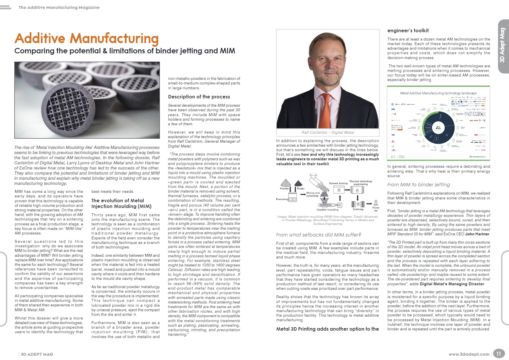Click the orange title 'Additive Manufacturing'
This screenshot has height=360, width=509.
click(x=86, y=39)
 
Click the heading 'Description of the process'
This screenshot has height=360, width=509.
click(x=199, y=97)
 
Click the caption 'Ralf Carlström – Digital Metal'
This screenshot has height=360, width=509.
click(x=328, y=133)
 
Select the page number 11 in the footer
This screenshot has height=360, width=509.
click(x=498, y=354)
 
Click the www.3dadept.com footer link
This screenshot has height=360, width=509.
click(x=469, y=354)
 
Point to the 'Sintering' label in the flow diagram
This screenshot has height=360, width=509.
click(x=358, y=209)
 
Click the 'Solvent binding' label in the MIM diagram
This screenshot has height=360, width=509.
click(x=338, y=183)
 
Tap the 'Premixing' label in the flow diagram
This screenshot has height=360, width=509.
click(x=282, y=199)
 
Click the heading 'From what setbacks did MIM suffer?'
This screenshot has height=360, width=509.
click(x=319, y=235)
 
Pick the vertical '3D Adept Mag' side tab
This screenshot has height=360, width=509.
click(x=502, y=45)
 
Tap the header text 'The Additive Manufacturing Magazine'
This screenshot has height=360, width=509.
click(x=59, y=7)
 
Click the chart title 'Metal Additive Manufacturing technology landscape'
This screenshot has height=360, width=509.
click(x=438, y=93)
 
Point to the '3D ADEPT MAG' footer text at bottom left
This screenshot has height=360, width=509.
click(x=37, y=354)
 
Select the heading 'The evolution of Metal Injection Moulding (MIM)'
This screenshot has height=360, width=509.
click(x=121, y=203)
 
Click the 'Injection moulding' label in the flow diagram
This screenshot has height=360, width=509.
click(x=327, y=210)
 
